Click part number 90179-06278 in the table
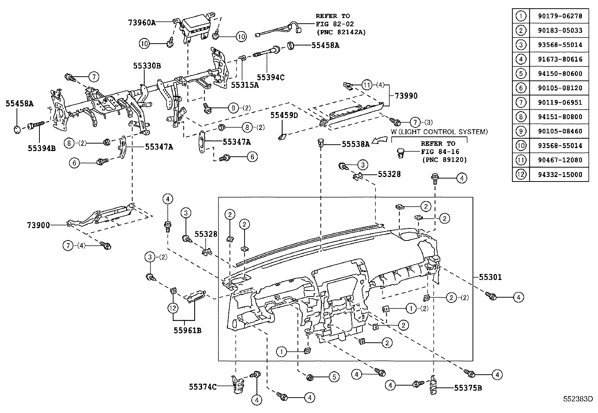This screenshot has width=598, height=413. coord(559,16)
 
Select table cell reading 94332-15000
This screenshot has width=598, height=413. coord(559,174)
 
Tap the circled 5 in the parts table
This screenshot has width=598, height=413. coord(521,74)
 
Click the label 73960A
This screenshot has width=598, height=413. coord(142,23)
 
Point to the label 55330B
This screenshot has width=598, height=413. coord(146,66)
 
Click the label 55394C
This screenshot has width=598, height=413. coord(270,77)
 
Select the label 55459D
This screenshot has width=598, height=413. coord(284,115)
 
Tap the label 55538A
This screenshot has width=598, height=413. coord(355,143)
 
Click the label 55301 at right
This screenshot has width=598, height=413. coord(490,277)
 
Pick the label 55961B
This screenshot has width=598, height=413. coord(187,330)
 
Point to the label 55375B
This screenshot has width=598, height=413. coord(468,387)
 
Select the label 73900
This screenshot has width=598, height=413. coord(38,225)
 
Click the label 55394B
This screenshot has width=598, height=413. coord(42,148)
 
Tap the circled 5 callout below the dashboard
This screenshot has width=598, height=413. coord(333,377)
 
